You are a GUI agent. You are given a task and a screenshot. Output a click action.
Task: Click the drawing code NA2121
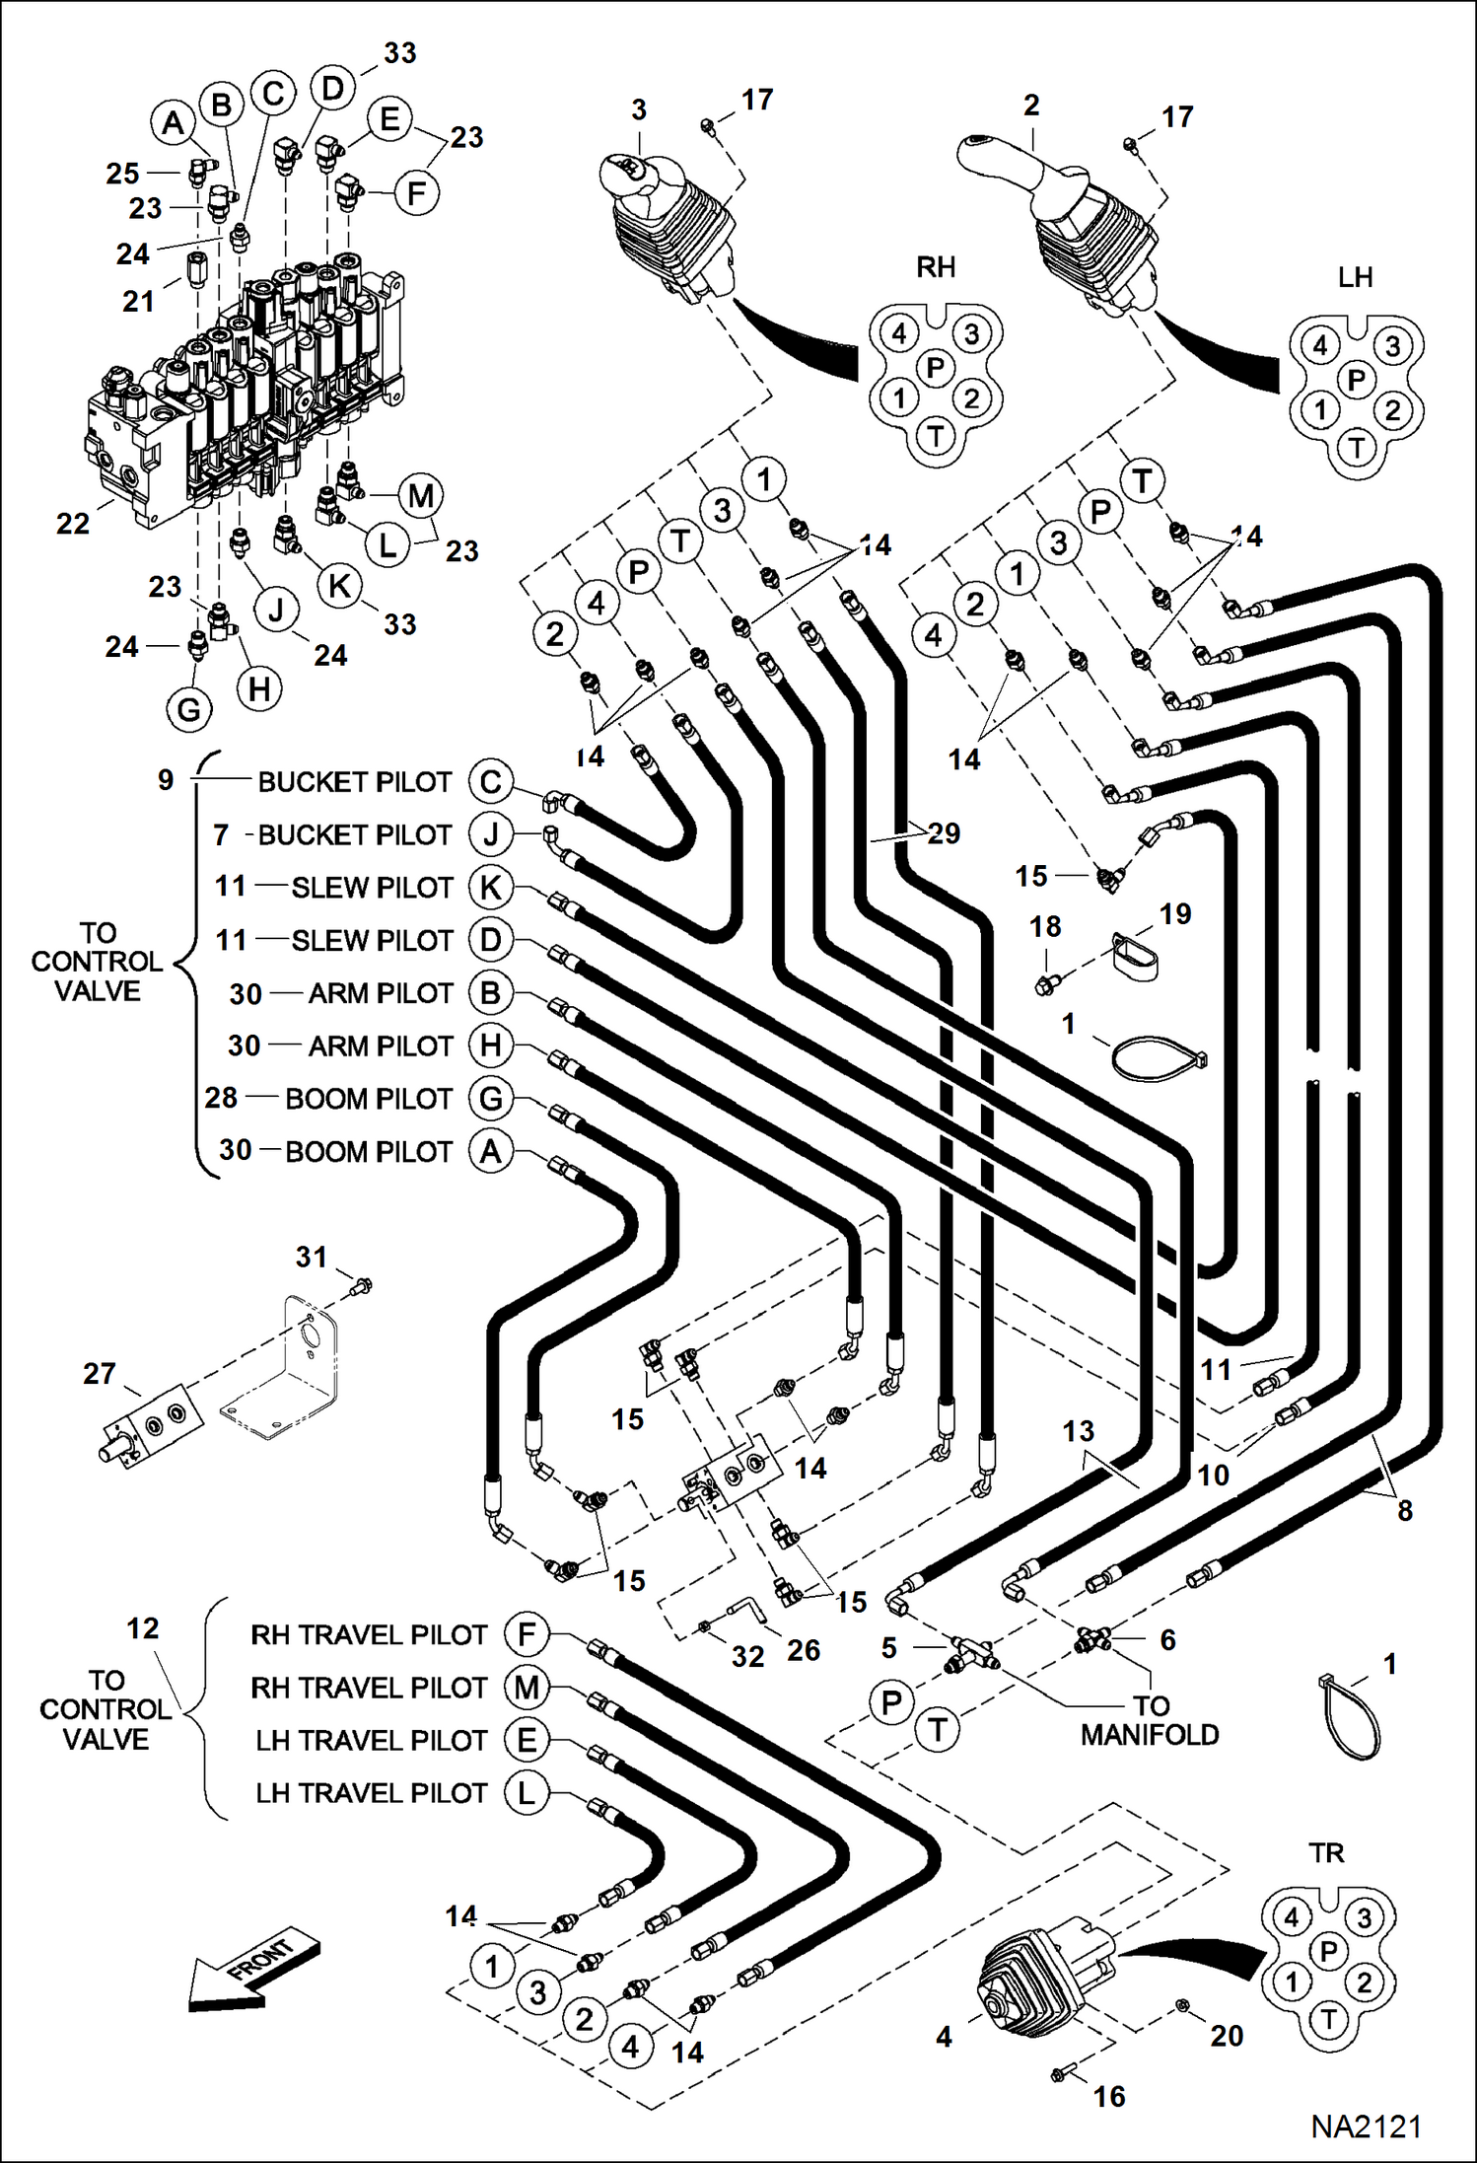[1366, 2127]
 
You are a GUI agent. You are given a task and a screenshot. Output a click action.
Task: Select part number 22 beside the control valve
[73, 523]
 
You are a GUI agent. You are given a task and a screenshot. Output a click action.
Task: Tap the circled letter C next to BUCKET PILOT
[491, 781]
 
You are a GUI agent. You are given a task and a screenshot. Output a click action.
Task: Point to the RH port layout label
[936, 267]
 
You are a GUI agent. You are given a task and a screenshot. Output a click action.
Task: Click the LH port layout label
[1355, 277]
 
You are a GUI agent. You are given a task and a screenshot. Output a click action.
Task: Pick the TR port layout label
[1326, 1852]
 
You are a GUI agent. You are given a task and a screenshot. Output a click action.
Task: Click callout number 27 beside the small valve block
[100, 1373]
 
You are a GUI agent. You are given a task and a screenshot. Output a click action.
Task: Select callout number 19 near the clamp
[1175, 913]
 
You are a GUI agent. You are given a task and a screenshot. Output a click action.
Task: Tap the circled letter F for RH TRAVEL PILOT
[527, 1634]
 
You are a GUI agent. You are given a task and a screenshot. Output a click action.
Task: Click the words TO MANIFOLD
[1150, 1720]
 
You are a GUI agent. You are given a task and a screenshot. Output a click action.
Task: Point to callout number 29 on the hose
[944, 833]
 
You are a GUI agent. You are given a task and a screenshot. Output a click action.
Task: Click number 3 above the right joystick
[639, 109]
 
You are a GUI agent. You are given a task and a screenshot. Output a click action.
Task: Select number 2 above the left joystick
[1031, 105]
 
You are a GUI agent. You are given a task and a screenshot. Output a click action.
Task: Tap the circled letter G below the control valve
[189, 708]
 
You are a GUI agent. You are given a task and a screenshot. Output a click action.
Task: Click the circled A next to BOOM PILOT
[491, 1151]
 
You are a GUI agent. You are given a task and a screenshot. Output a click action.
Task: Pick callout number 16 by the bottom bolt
[1109, 2096]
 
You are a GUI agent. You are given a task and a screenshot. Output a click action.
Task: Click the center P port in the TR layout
[1328, 1950]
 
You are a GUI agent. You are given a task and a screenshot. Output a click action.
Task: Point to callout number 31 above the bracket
[312, 1257]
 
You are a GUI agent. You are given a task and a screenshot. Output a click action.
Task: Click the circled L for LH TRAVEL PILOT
[527, 1792]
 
